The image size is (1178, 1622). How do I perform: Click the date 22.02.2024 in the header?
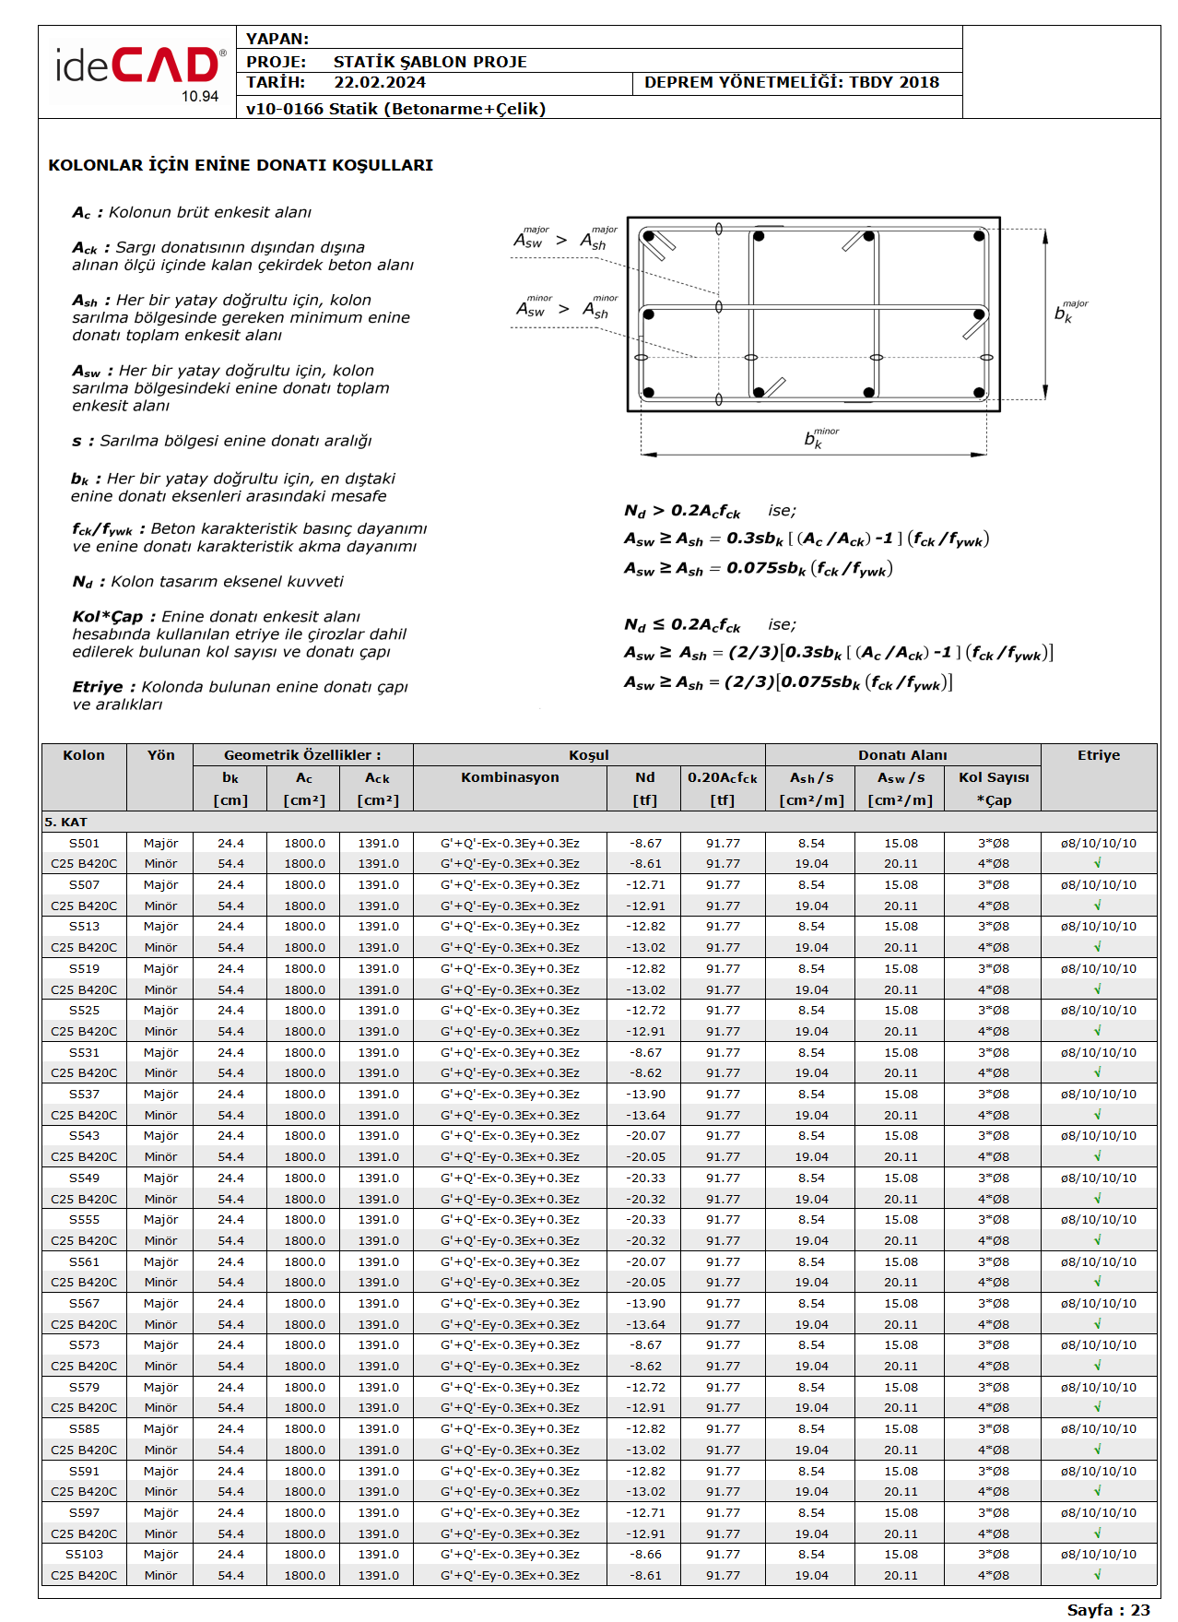tap(380, 83)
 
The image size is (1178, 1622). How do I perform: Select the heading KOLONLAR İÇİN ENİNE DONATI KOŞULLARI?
tap(241, 166)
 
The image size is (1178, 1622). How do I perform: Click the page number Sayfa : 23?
tap(1108, 1610)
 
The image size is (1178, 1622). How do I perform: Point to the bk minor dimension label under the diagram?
tap(819, 438)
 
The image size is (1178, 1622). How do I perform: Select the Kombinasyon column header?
tap(510, 777)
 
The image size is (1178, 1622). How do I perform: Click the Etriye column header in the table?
tap(1099, 755)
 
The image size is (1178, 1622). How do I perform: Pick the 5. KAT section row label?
tap(66, 822)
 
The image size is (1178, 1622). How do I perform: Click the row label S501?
tap(84, 844)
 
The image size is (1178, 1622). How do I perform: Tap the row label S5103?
tap(84, 1555)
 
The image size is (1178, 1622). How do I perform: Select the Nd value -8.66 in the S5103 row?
tap(645, 1555)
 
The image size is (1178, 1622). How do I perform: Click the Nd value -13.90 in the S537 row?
tap(645, 1095)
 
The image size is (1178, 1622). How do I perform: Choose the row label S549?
tap(84, 1178)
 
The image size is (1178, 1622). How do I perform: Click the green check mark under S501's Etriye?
tap(1098, 864)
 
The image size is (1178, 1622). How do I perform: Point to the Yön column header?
tap(160, 755)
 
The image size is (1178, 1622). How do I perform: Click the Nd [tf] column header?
tap(645, 788)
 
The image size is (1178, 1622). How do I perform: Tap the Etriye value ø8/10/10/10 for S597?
tap(1098, 1513)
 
